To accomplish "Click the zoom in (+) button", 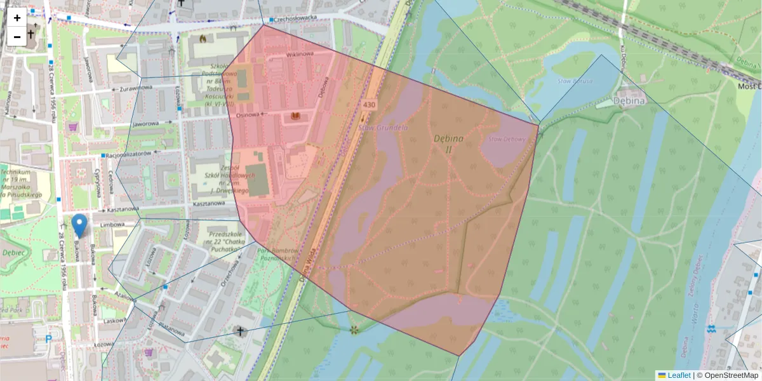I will pyautogui.click(x=17, y=18).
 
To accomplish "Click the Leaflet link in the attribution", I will pyautogui.click(x=679, y=375).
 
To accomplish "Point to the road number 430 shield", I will pyautogui.click(x=369, y=104).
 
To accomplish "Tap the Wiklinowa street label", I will pyautogui.click(x=300, y=55).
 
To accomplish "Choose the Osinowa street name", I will pyautogui.click(x=249, y=115).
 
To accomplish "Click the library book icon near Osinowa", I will pyautogui.click(x=295, y=116).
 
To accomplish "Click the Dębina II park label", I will pyautogui.click(x=448, y=144).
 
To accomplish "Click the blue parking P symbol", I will pyautogui.click(x=48, y=339).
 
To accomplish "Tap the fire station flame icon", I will pyautogui.click(x=203, y=38).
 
